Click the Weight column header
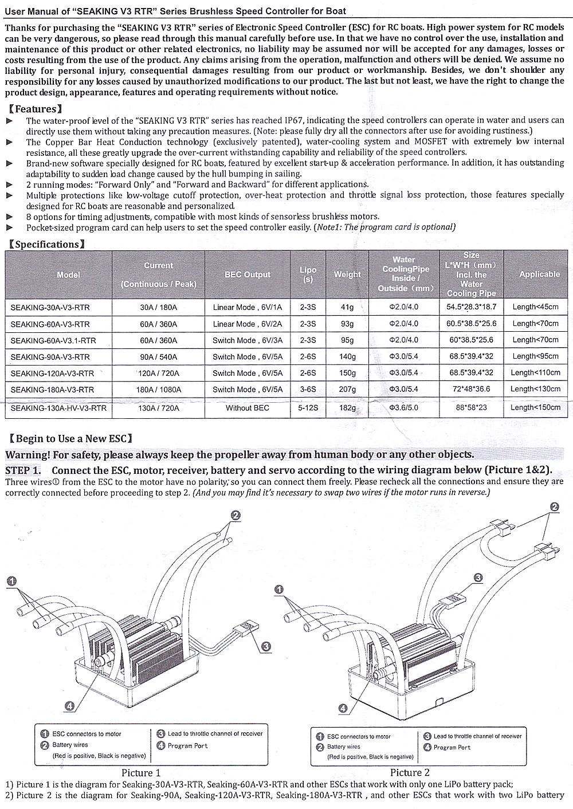click(347, 274)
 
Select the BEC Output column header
click(247, 274)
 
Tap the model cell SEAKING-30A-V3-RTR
click(50, 308)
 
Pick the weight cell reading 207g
click(347, 390)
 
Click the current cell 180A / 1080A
click(158, 390)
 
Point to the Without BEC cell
click(247, 409)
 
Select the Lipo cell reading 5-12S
click(308, 409)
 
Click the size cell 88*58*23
click(471, 408)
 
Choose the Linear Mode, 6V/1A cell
click(247, 308)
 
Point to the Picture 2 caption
click(410, 772)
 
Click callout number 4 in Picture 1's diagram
click(69, 706)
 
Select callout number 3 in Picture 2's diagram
click(478, 578)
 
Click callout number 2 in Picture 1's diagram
click(235, 515)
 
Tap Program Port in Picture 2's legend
click(452, 748)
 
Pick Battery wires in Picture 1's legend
click(70, 745)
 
